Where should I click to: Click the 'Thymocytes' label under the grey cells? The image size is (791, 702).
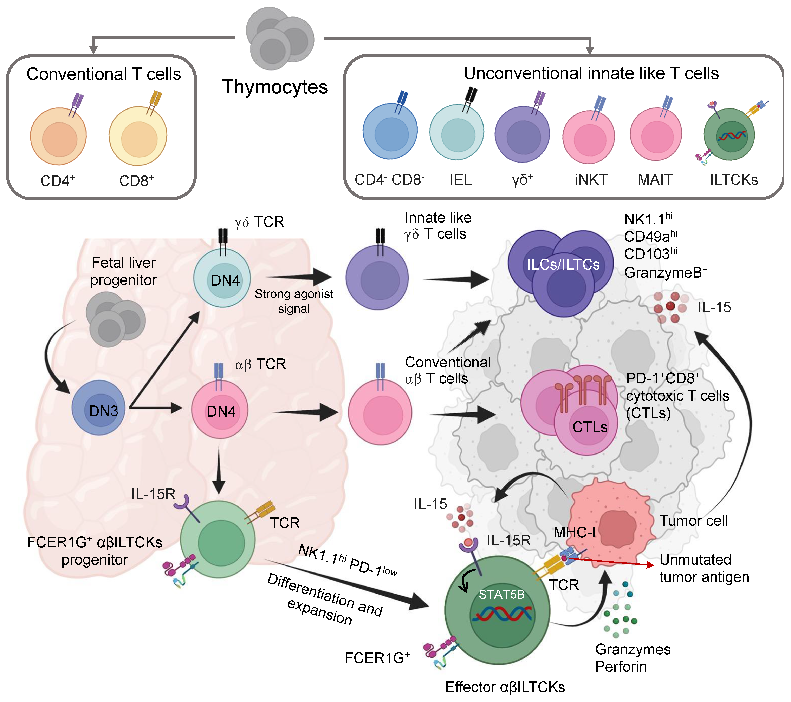[275, 87]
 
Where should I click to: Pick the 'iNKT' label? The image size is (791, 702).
[591, 180]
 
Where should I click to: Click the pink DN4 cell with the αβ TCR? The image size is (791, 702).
[220, 410]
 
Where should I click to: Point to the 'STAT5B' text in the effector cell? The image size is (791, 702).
[501, 595]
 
